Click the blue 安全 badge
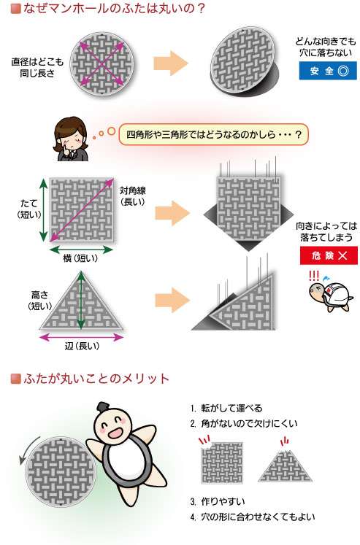[x=328, y=71]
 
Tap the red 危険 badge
[x=329, y=255]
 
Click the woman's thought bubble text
[x=213, y=134]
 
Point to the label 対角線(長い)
[x=132, y=196]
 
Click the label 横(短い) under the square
[x=80, y=258]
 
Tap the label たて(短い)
[x=29, y=209]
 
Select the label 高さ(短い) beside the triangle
[x=40, y=301]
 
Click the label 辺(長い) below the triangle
[x=82, y=346]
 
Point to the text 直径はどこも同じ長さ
[x=37, y=67]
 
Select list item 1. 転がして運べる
[x=226, y=408]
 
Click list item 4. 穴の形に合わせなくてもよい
[x=253, y=517]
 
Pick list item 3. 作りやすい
[x=218, y=501]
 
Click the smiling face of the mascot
[x=114, y=427]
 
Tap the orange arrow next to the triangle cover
[x=172, y=301]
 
